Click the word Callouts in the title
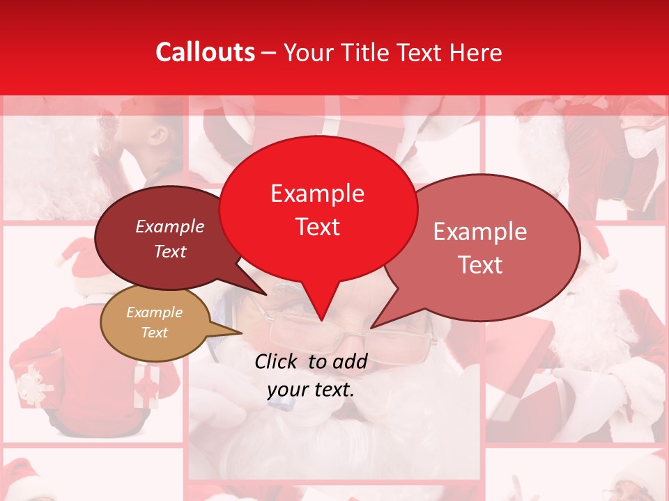pyautogui.click(x=205, y=52)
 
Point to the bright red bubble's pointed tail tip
pyautogui.click(x=321, y=320)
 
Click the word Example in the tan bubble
pyautogui.click(x=154, y=312)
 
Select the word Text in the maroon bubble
pyautogui.click(x=170, y=251)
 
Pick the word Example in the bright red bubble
pyautogui.click(x=318, y=193)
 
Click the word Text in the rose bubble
pyautogui.click(x=480, y=265)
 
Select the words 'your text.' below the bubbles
pyautogui.click(x=310, y=390)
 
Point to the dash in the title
pyautogui.click(x=269, y=52)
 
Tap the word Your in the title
pyautogui.click(x=307, y=52)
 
